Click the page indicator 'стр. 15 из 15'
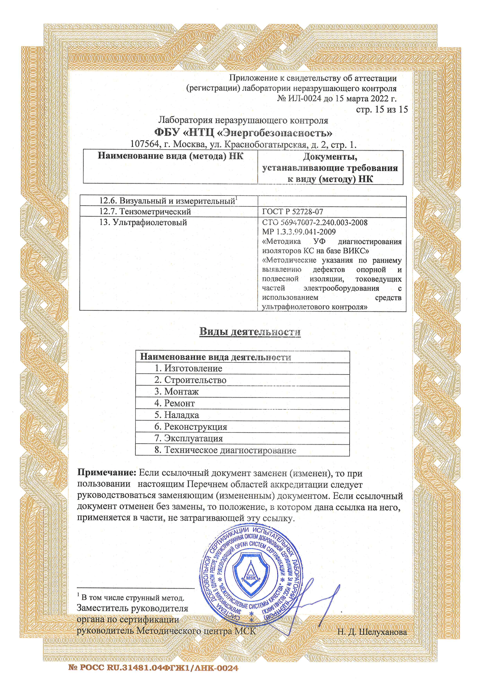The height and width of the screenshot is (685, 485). click(x=382, y=109)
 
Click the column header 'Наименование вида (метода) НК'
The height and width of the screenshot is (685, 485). click(x=171, y=156)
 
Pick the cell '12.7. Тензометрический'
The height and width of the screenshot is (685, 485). click(x=145, y=212)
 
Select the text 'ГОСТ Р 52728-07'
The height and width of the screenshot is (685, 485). click(x=292, y=212)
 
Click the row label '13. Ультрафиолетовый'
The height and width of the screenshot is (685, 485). click(x=143, y=222)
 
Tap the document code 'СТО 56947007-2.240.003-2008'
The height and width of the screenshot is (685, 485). click(x=315, y=222)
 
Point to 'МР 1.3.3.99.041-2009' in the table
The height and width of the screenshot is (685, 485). click(x=299, y=231)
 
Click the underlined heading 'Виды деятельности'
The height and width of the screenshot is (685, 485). click(x=250, y=332)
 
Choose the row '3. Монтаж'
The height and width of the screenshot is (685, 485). click(x=177, y=391)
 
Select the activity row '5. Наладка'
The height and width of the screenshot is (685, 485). click(x=177, y=415)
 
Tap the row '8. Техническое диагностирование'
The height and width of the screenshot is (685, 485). click(x=225, y=450)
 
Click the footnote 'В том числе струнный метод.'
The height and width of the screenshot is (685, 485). click(x=133, y=598)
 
